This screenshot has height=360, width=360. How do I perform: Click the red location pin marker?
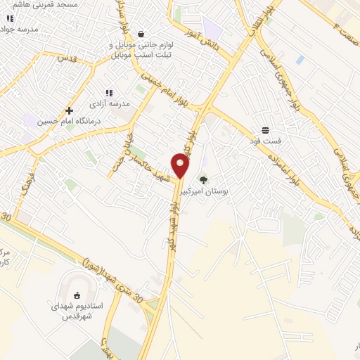[181, 166]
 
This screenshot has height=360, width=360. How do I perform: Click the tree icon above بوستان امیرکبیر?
[204, 179]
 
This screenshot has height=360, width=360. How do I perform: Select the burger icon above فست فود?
[265, 130]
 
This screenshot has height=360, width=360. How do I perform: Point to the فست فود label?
[265, 141]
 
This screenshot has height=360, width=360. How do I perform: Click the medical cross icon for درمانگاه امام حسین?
[69, 110]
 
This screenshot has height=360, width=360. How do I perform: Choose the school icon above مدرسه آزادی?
[108, 93]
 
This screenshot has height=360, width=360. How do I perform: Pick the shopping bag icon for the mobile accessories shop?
[141, 33]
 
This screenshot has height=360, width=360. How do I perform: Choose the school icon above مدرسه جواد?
[10, 19]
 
